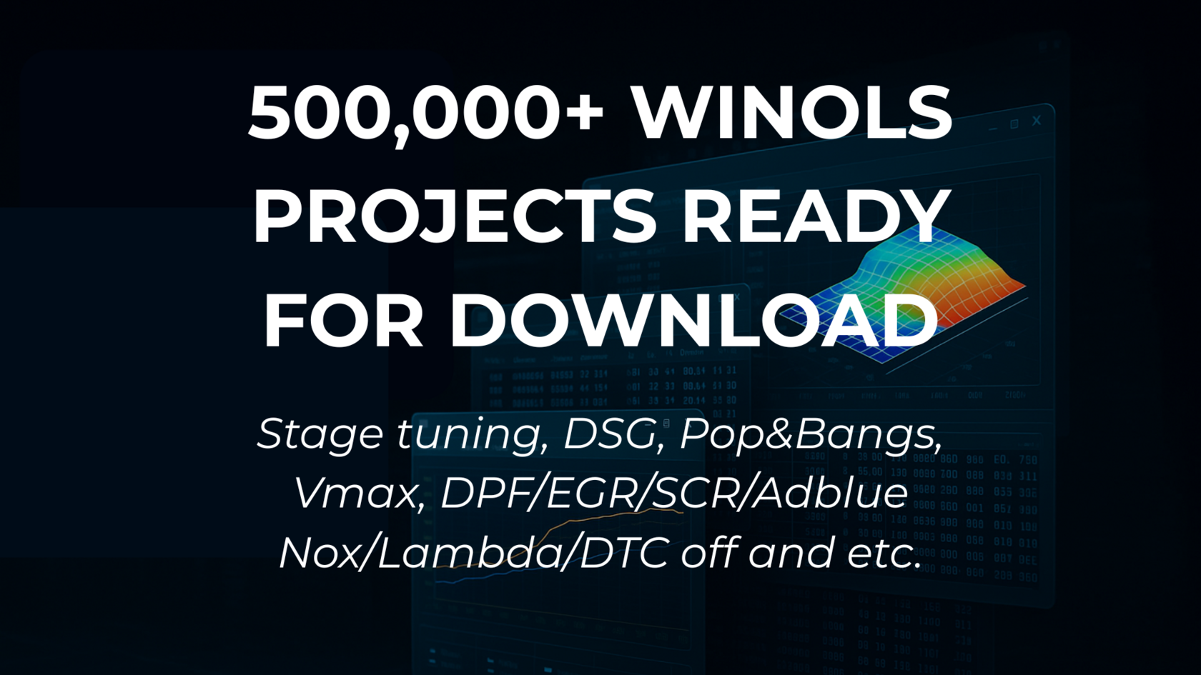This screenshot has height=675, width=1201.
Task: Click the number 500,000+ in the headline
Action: coord(426,113)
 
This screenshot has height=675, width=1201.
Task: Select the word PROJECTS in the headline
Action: coord(454,216)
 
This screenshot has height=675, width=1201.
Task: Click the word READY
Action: coord(816,216)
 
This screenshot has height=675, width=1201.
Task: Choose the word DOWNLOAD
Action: coord(693,320)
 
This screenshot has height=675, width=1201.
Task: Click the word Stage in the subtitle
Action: coord(320,434)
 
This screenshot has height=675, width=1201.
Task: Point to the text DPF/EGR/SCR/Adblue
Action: coord(674,493)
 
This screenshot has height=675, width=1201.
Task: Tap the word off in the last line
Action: coord(707,553)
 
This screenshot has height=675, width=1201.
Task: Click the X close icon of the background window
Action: coord(1036,121)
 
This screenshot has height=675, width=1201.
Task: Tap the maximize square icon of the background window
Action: coord(1014,124)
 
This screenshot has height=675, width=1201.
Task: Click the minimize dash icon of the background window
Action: coord(992,129)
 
